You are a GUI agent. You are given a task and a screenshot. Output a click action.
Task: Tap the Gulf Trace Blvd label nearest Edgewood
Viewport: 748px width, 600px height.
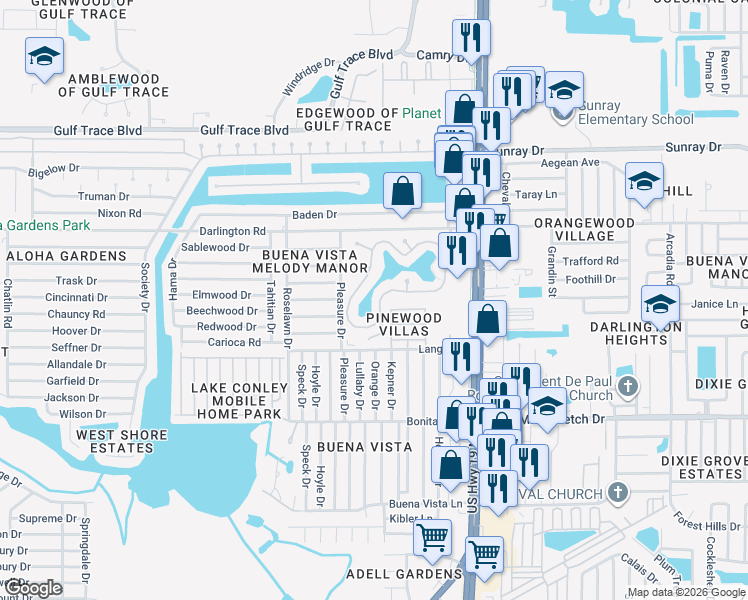click(244, 130)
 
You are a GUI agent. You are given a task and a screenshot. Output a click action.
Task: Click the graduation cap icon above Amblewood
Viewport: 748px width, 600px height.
click(44, 57)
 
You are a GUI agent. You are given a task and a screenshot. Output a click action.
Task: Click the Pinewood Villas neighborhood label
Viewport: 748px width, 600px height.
click(403, 324)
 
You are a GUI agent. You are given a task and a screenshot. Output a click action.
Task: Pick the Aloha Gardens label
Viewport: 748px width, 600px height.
click(66, 256)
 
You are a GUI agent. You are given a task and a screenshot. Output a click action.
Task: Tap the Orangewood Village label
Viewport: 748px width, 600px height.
click(584, 229)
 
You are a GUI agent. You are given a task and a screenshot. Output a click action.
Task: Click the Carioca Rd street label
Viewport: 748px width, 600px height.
click(229, 342)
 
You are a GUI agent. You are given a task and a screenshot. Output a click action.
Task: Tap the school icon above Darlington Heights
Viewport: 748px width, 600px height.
click(660, 303)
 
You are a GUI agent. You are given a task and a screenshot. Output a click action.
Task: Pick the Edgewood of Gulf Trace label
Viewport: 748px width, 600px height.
click(343, 119)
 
